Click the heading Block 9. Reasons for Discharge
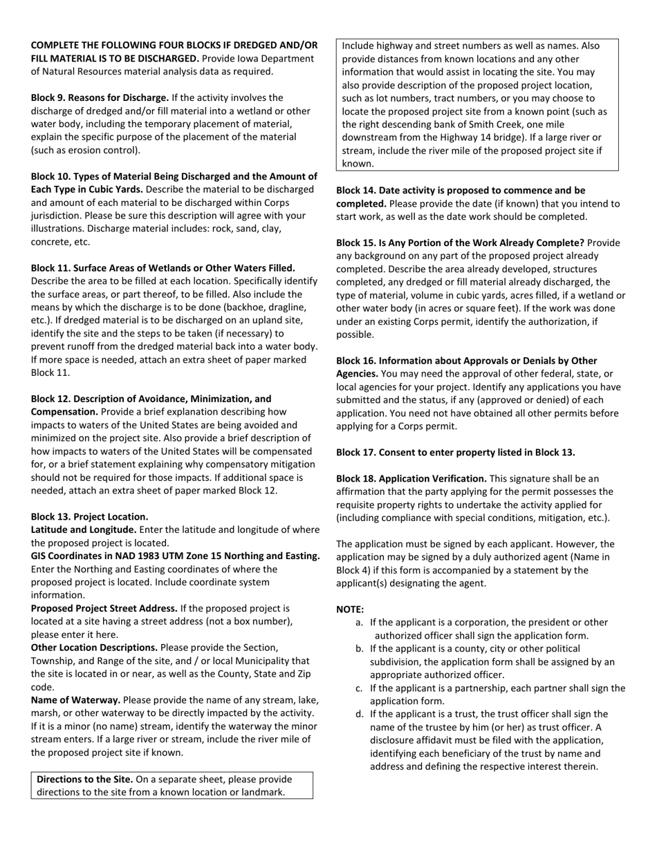pyautogui.click(x=100, y=98)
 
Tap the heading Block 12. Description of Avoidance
pyautogui.click(x=151, y=399)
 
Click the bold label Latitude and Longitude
pyautogui.click(x=84, y=530)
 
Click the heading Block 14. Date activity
pyautogui.click(x=460, y=190)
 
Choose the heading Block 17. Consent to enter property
pyautogui.click(x=455, y=453)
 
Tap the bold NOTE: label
pyautogui.click(x=350, y=610)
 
